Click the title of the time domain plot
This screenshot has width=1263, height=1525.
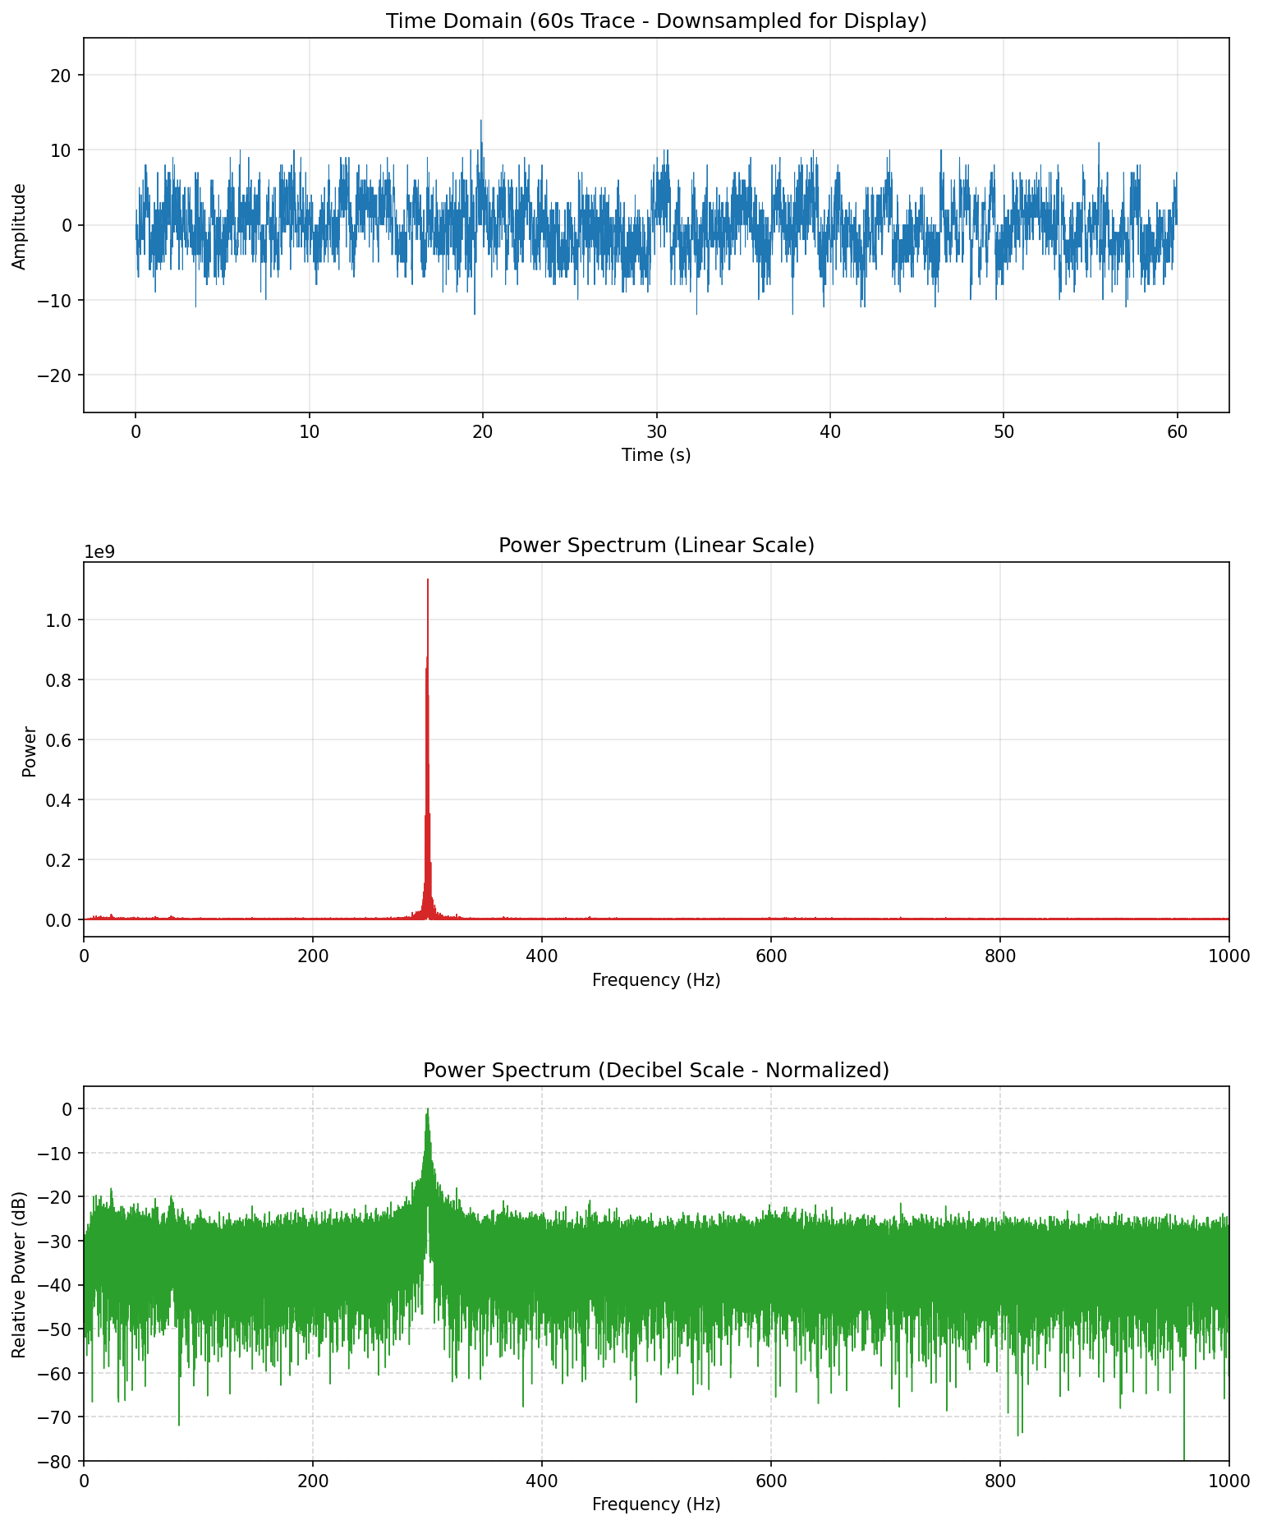tap(656, 21)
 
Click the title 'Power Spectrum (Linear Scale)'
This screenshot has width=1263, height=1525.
tap(656, 546)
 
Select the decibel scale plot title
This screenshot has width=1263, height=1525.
tap(656, 1070)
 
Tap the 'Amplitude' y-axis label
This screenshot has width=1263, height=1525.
tap(20, 226)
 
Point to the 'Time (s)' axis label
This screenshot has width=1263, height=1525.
tap(656, 455)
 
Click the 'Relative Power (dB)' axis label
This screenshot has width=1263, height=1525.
tap(20, 1274)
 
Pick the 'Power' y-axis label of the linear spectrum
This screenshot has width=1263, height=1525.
tap(30, 751)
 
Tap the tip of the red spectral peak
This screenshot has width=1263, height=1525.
tap(428, 580)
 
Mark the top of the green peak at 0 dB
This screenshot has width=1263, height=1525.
tap(428, 1110)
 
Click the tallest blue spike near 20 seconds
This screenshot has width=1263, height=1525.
tap(481, 122)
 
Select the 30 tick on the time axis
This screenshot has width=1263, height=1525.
tap(656, 432)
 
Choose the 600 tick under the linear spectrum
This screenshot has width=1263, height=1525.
tap(770, 956)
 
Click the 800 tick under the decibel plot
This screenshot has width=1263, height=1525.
tap(999, 1481)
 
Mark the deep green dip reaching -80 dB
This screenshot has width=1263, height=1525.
tap(1184, 1457)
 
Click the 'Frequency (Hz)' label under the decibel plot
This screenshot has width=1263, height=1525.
tap(656, 1504)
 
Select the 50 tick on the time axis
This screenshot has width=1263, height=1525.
tap(1004, 432)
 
